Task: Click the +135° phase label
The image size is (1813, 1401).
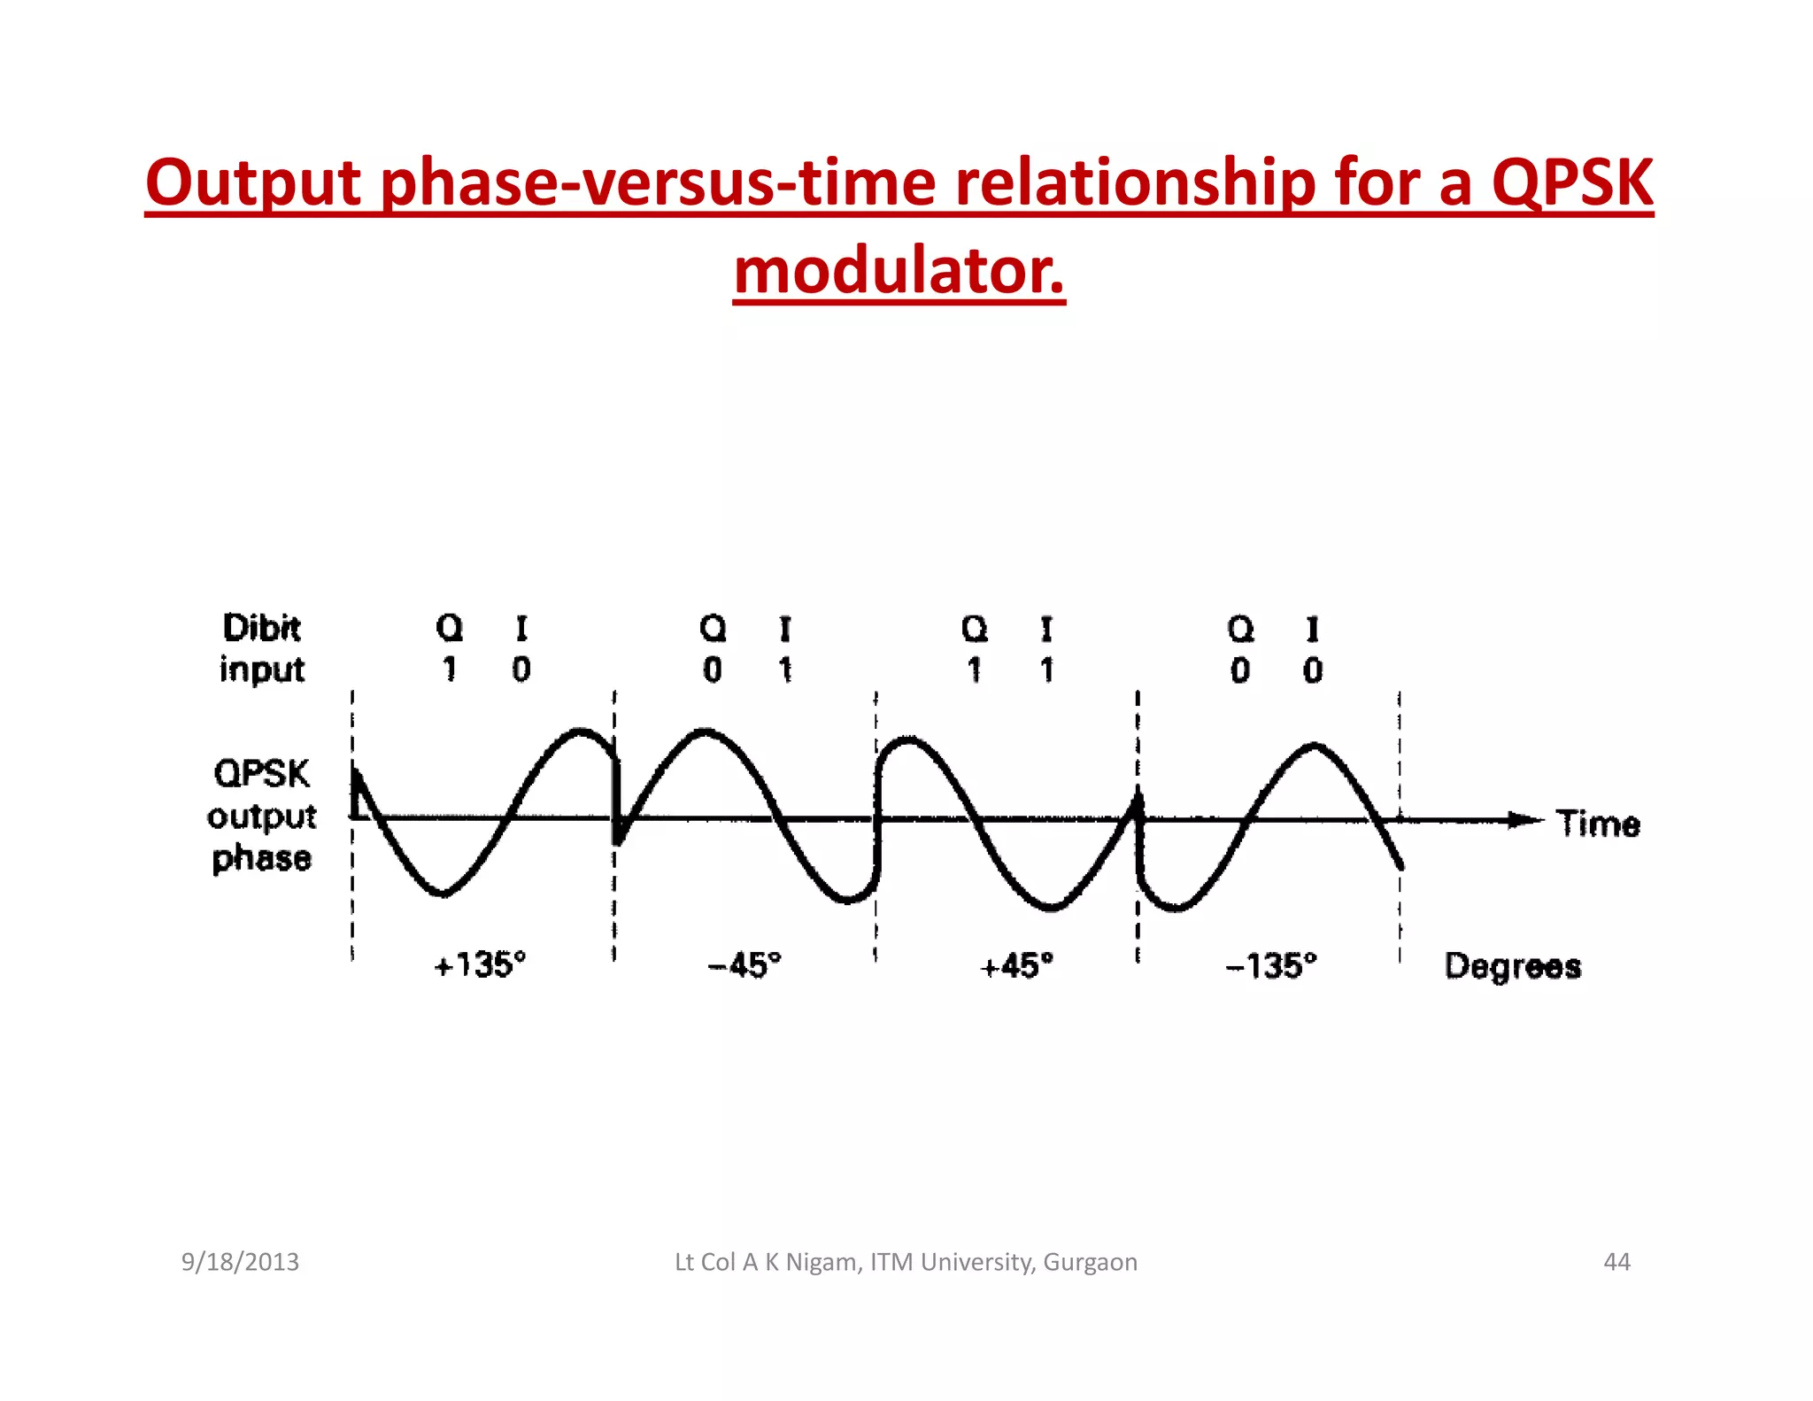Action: click(x=480, y=964)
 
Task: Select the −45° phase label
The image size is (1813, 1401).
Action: click(x=744, y=964)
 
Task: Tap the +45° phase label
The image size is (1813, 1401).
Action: click(x=1016, y=965)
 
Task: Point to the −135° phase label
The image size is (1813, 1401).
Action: click(x=1271, y=965)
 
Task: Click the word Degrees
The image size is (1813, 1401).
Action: click(x=1512, y=966)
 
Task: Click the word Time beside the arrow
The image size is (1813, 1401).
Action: click(x=1598, y=824)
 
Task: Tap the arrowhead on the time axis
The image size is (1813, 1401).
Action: click(x=1525, y=820)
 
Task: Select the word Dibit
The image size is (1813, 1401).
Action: click(x=261, y=628)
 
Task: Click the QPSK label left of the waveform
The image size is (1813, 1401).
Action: click(x=262, y=773)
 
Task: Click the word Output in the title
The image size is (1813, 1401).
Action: click(x=253, y=182)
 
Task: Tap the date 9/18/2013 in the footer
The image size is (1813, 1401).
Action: click(x=240, y=1262)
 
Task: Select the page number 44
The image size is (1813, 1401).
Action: click(x=1616, y=1262)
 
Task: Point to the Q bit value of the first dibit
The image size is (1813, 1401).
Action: click(x=450, y=669)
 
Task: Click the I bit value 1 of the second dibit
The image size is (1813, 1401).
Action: click(x=785, y=670)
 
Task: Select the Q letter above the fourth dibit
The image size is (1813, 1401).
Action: click(x=1240, y=629)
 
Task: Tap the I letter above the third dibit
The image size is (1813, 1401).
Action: click(x=1046, y=629)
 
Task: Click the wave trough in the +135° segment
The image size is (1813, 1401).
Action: click(x=444, y=894)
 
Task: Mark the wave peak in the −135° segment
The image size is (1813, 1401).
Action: click(x=1315, y=746)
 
